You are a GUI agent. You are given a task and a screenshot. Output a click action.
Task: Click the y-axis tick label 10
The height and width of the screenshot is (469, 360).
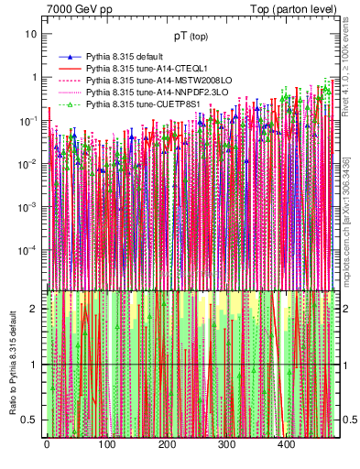(x=32, y=34)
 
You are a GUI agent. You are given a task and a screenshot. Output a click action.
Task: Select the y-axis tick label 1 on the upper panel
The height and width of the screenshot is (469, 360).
(x=35, y=77)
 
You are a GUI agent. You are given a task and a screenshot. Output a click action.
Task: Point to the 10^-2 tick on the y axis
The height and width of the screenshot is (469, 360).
(x=29, y=163)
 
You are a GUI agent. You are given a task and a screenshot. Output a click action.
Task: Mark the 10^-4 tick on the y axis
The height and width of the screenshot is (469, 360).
(x=29, y=249)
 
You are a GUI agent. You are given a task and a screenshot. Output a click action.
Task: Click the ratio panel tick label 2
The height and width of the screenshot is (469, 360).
(x=35, y=309)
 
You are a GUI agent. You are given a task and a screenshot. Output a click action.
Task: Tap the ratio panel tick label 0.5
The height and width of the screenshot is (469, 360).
(x=31, y=420)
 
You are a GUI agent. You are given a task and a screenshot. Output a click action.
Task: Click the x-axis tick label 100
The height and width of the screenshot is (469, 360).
(x=106, y=445)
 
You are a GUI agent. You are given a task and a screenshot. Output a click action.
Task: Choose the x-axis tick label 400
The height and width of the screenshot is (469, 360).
(x=287, y=445)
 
